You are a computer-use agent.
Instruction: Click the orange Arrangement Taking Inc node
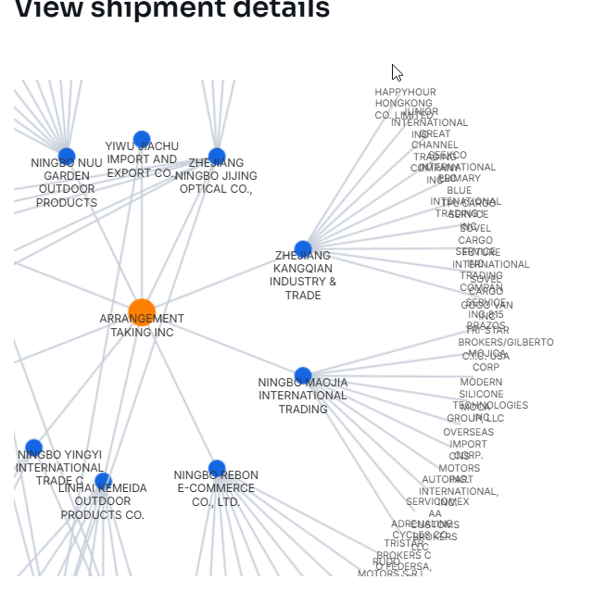point(142,313)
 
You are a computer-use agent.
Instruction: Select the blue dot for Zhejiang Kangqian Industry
point(303,249)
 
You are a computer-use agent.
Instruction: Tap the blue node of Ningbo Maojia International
point(303,375)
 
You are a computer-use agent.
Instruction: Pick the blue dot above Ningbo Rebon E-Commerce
point(217,468)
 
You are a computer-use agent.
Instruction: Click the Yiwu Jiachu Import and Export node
point(142,140)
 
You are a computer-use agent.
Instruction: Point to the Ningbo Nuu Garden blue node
point(67,156)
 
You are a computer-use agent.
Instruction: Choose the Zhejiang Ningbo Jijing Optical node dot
point(217,157)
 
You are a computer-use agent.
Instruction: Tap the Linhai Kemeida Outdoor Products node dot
point(103,481)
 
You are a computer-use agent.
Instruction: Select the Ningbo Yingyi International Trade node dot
point(34,448)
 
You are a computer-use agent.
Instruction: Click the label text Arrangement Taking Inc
point(142,325)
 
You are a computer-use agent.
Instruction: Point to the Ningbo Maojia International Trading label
point(303,396)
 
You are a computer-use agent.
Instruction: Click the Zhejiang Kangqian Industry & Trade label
point(303,275)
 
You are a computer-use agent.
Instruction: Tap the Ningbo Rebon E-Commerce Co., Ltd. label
point(217,488)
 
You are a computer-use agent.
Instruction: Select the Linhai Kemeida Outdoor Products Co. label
point(103,501)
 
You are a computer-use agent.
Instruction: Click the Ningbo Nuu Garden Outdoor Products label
point(67,183)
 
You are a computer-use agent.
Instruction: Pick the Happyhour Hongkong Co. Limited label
point(405,104)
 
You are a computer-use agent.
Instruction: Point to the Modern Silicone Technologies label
point(482,394)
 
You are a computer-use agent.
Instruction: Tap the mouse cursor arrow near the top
point(397,72)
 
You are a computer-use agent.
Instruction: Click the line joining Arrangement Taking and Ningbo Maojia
point(222,345)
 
